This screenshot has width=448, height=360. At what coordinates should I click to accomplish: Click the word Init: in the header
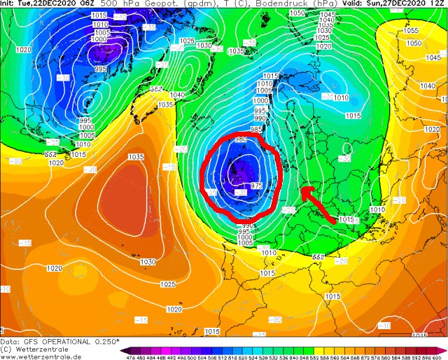[9, 4]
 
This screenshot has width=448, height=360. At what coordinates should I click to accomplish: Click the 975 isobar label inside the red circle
[256, 186]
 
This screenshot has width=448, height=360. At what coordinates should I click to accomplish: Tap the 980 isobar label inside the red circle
[241, 140]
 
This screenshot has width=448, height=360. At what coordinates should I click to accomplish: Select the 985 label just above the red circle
[256, 130]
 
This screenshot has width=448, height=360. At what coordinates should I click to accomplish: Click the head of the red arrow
[302, 188]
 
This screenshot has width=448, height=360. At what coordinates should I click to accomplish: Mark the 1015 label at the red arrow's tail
[346, 220]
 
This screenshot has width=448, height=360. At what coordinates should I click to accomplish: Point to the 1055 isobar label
[410, 31]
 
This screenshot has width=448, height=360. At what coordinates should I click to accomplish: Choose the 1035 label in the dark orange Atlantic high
[136, 157]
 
